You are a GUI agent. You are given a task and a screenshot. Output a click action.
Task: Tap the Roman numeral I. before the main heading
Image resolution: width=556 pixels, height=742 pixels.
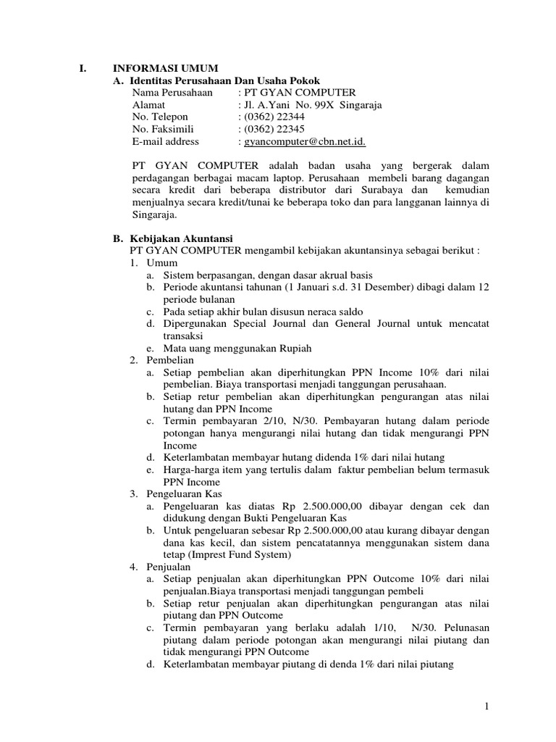[81, 68]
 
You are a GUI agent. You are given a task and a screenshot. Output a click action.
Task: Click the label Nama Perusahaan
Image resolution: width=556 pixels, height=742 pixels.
[172, 93]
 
